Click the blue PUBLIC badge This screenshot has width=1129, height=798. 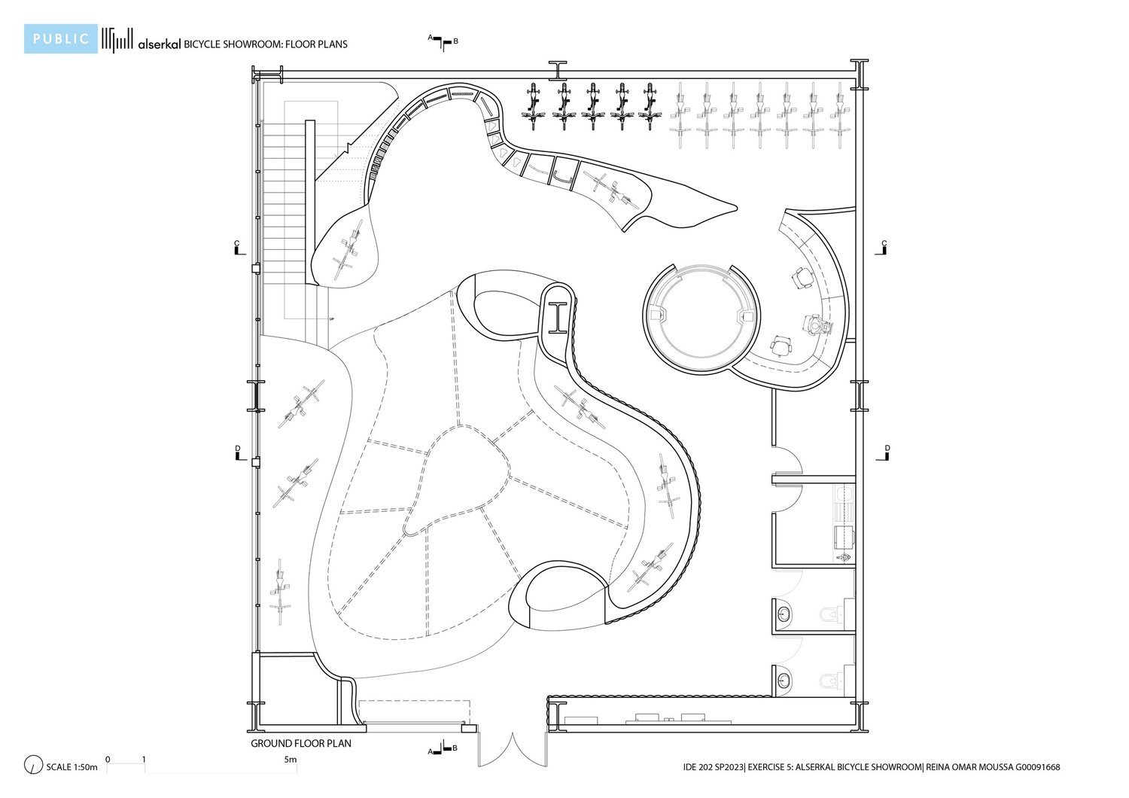[60, 39]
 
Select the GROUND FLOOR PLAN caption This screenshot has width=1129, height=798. [301, 744]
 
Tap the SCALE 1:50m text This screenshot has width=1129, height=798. [72, 767]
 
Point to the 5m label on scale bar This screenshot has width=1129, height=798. [291, 760]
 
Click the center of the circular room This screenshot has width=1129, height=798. [701, 316]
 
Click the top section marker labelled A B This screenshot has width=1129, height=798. [444, 40]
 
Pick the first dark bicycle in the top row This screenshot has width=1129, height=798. [534, 106]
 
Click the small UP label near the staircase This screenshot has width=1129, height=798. [330, 320]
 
